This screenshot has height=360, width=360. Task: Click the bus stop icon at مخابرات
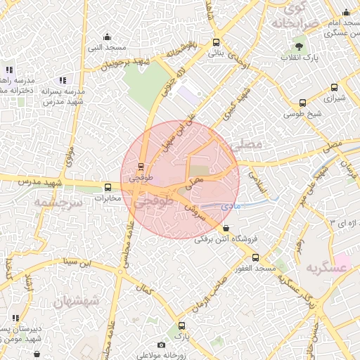108,187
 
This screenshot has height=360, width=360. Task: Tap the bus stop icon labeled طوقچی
141,167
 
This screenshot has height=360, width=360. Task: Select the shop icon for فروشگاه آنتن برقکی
225,228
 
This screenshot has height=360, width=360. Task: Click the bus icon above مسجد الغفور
255,257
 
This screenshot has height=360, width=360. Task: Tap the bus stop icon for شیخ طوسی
302,102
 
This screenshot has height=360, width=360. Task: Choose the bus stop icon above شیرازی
333,89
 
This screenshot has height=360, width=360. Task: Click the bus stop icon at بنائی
217,42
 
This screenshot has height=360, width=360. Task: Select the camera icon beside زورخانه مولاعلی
161,345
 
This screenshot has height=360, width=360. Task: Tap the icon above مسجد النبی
107,37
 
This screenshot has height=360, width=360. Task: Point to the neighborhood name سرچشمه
58,202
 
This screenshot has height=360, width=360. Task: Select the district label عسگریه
327,268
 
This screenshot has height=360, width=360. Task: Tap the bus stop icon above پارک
182,326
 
